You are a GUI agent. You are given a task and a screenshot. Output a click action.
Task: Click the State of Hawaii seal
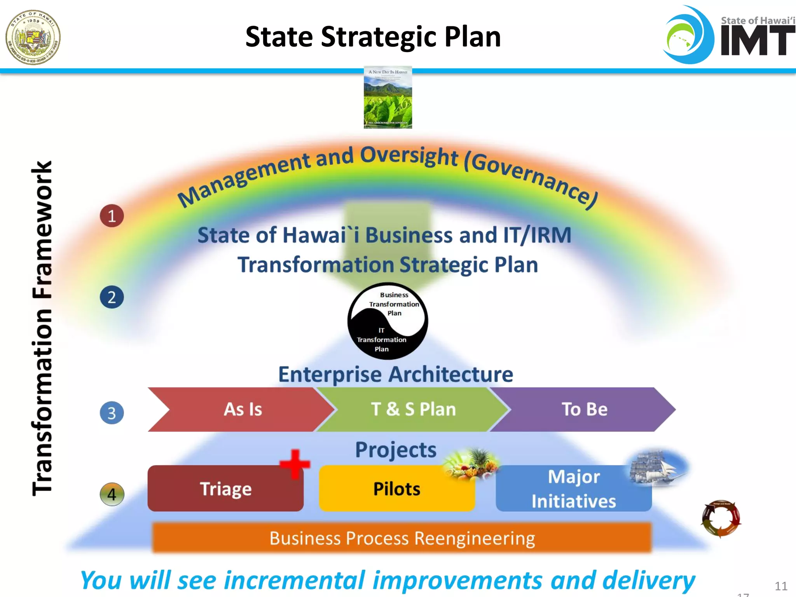tap(33, 37)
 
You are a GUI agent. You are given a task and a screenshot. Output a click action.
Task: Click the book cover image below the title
tap(388, 98)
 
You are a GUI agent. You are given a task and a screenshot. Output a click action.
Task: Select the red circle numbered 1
tap(112, 216)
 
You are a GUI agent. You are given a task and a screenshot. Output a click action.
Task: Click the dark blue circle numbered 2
tap(112, 297)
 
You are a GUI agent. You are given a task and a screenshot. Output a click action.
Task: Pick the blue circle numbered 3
tap(112, 413)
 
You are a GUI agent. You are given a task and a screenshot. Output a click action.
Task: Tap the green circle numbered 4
tap(112, 494)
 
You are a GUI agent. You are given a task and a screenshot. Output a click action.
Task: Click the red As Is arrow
tap(241, 409)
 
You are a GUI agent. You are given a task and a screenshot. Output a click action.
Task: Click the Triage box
tap(225, 489)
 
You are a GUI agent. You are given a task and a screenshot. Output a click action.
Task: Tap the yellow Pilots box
tap(396, 489)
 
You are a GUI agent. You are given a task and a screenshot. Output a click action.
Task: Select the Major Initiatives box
tap(573, 489)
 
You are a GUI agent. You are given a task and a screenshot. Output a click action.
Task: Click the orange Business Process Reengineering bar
tap(402, 538)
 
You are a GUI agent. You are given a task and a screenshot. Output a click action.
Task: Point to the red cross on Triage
tap(295, 464)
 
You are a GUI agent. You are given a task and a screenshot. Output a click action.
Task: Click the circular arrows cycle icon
tap(721, 518)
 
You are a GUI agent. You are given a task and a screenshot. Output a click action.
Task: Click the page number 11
tap(781, 586)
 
